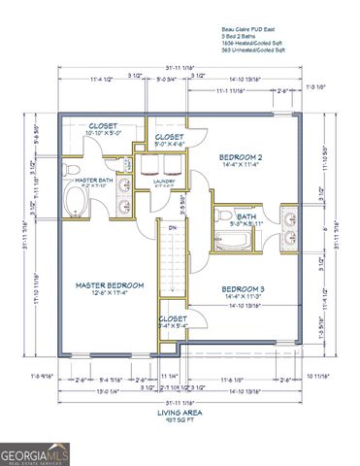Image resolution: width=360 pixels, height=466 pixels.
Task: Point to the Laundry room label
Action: (x=163, y=180)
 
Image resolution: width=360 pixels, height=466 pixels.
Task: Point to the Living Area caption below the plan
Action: (x=180, y=412)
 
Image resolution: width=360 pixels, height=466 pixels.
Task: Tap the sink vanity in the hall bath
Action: (x=290, y=220)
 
